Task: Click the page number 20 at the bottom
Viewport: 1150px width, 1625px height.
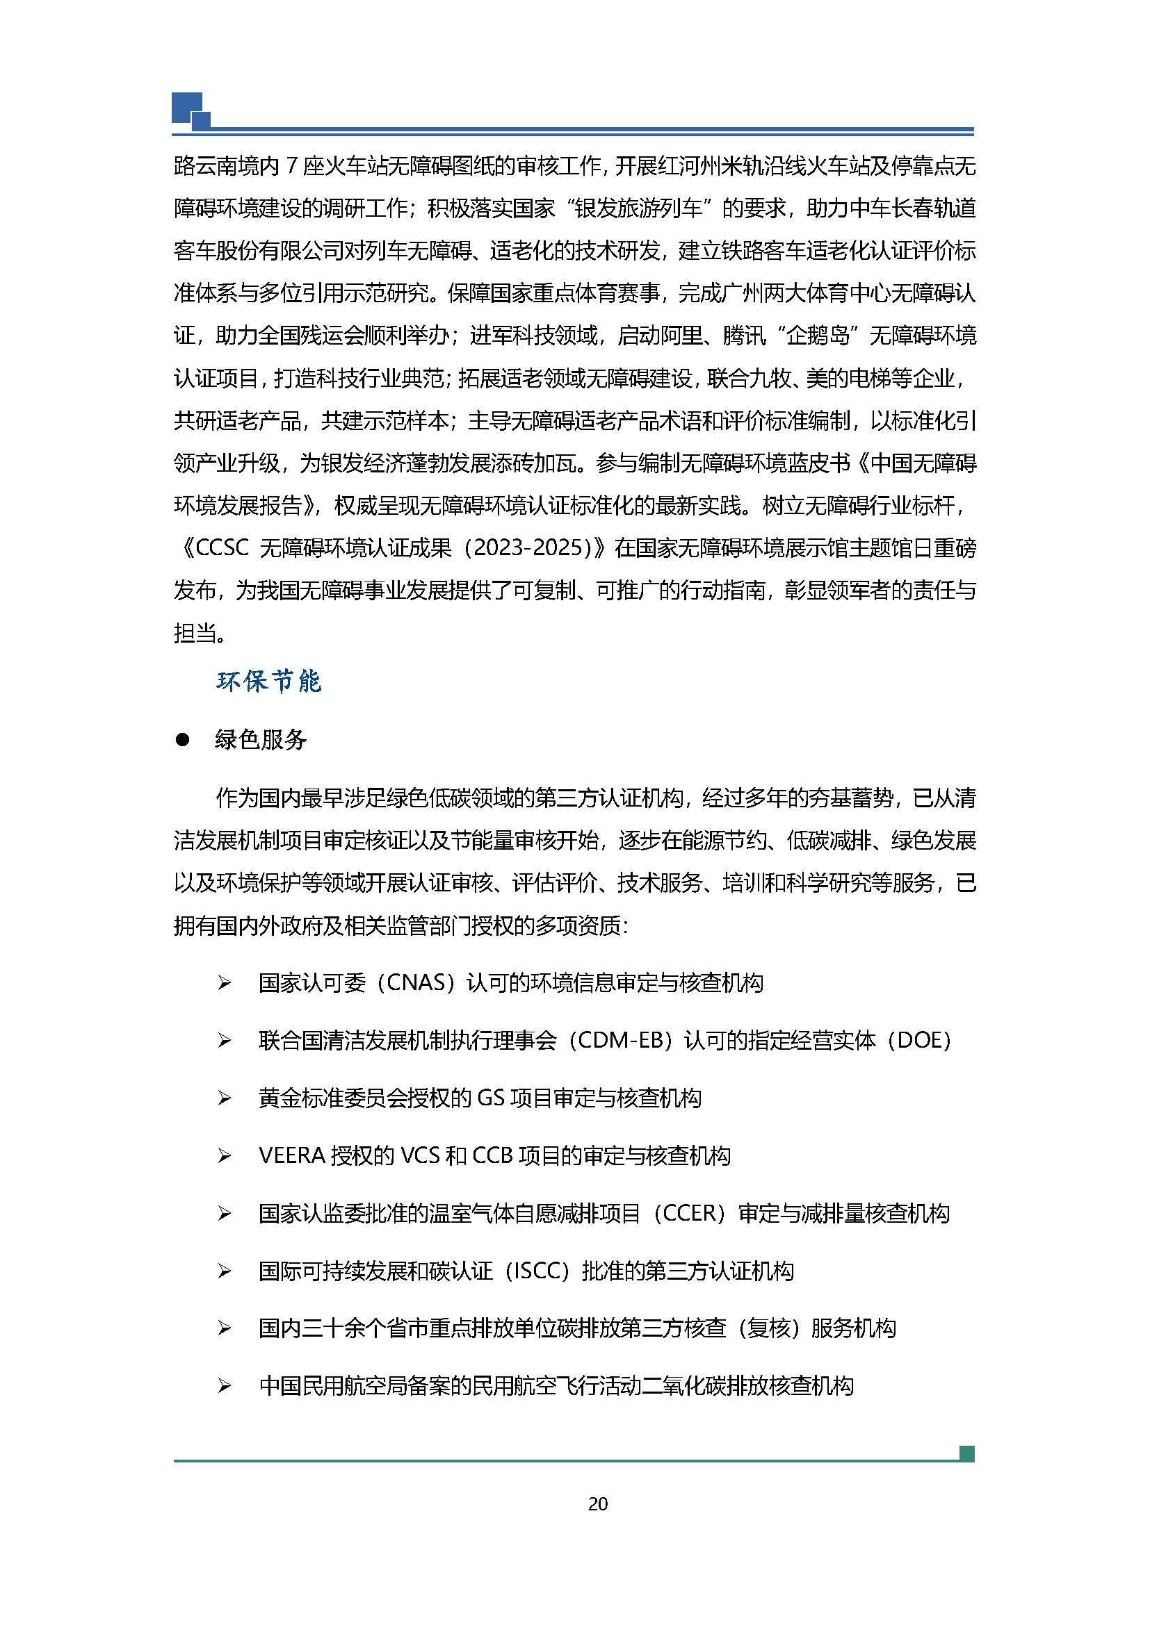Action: [598, 1504]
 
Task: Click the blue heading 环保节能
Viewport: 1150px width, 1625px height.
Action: [269, 682]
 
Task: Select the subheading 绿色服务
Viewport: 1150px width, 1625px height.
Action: [261, 741]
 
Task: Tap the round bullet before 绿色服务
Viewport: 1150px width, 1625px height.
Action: [183, 741]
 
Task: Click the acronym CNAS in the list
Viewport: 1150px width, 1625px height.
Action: [419, 983]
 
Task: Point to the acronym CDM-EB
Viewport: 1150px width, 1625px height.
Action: [619, 1041]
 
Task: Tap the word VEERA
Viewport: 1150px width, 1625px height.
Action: [292, 1156]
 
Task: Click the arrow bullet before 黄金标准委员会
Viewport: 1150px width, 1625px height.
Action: [225, 1098]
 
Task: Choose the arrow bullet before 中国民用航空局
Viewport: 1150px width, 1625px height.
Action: [225, 1386]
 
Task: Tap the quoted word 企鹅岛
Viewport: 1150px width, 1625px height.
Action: [818, 336]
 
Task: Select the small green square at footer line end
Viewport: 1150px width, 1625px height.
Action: [966, 1453]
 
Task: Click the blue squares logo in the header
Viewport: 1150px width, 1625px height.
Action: [191, 112]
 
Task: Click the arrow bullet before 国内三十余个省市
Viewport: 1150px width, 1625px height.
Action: [225, 1328]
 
